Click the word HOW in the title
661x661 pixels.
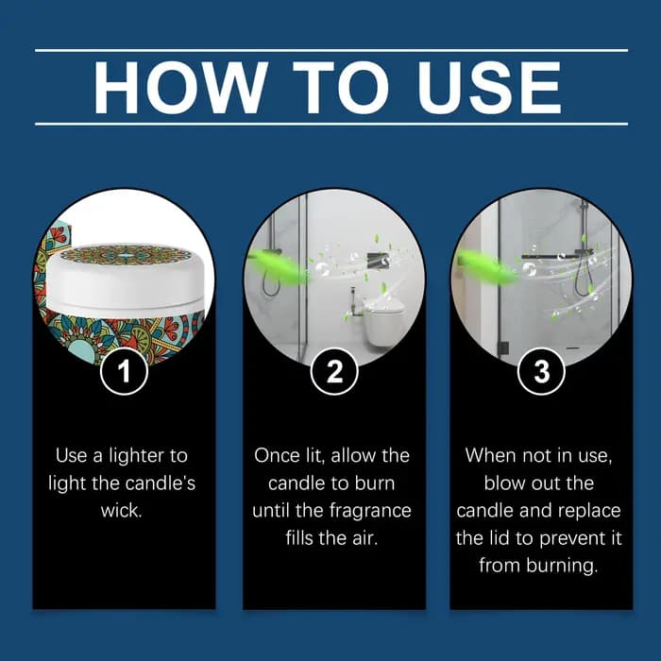coord(181,88)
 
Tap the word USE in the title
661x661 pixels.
coord(489,88)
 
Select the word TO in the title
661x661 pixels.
coord(341,88)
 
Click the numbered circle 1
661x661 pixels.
coord(124,371)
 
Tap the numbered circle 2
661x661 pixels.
coord(334,371)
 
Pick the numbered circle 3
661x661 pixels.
coord(541,371)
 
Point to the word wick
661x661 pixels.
coord(122,511)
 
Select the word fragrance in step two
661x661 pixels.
coord(370,512)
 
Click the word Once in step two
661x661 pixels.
coord(275,456)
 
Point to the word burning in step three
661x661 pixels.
coord(561,567)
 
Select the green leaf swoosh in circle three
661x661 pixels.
coord(487,265)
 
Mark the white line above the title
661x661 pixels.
coord(331,51)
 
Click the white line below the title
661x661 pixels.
coord(331,125)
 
